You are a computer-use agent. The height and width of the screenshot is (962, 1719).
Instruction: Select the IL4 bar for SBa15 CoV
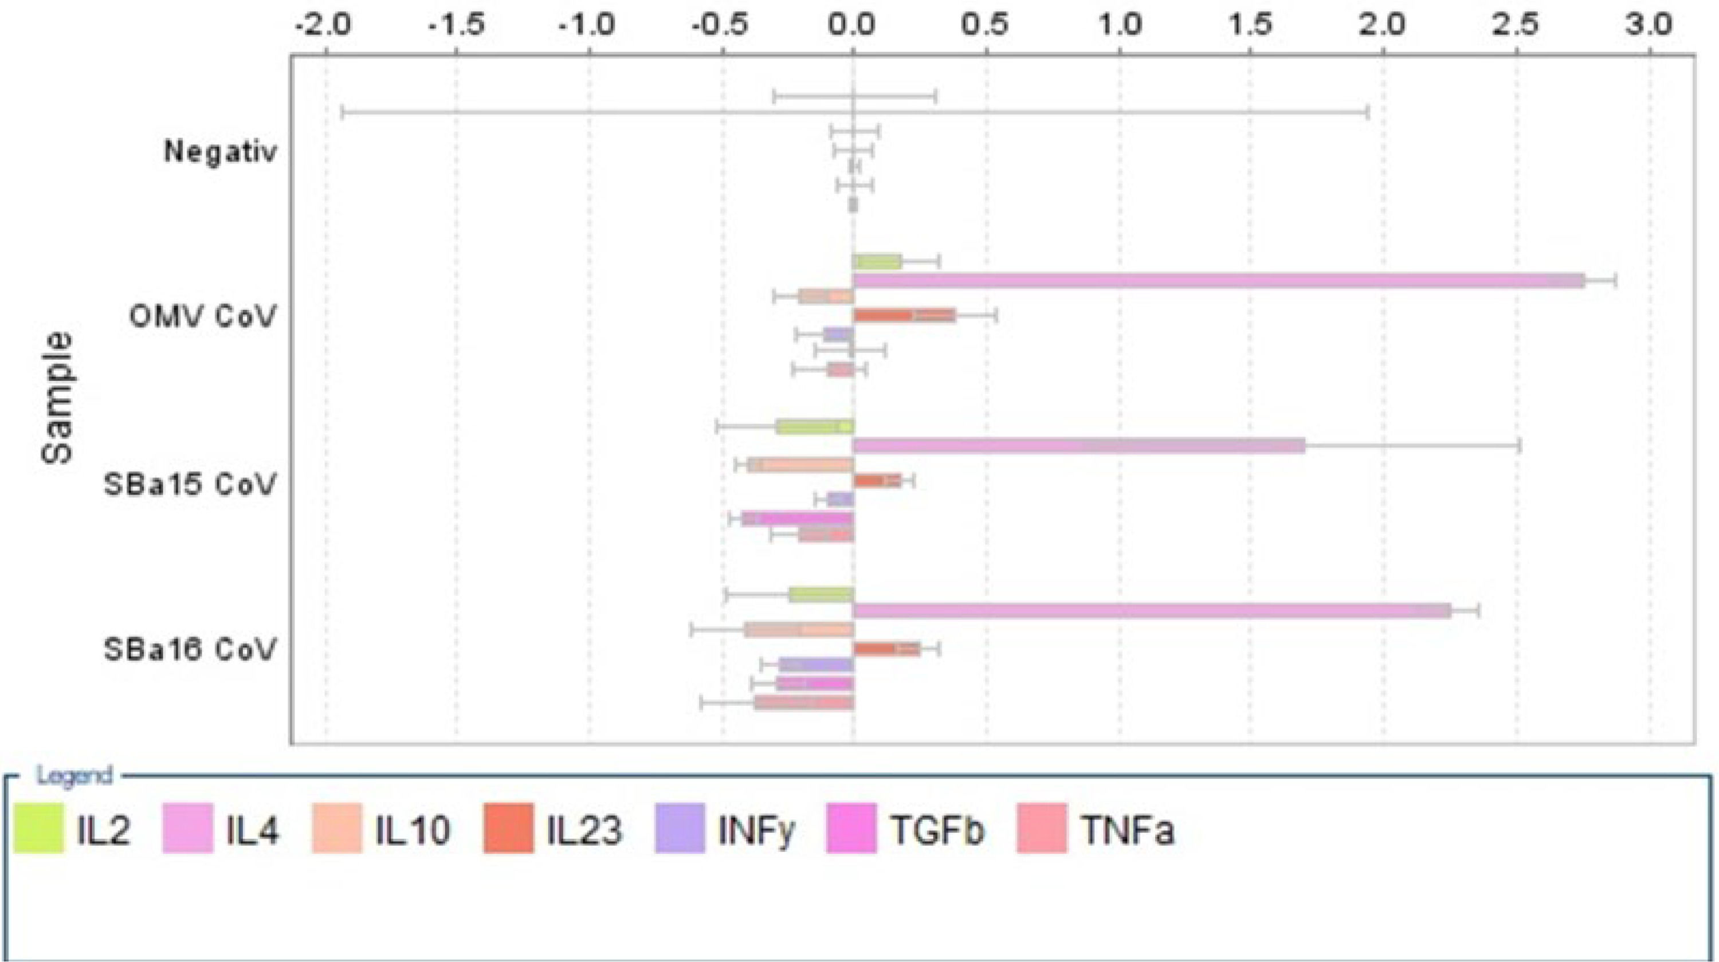tap(1078, 446)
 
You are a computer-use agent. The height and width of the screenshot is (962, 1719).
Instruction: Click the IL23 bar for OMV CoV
tap(904, 316)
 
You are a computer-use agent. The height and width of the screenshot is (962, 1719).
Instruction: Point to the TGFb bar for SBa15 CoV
tap(798, 519)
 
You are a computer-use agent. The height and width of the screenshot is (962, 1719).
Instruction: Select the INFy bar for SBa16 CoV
tap(816, 665)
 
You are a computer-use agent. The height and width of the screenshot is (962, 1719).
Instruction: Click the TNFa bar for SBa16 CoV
tap(804, 702)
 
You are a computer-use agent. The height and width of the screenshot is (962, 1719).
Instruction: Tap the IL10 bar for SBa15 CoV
tap(801, 465)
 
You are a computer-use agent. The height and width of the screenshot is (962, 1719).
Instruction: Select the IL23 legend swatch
tap(508, 829)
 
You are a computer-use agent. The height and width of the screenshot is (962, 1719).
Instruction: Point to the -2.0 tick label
tap(325, 25)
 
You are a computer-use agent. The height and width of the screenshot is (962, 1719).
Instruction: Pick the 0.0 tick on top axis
tap(854, 25)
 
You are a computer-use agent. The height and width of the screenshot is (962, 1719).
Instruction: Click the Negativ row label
tap(220, 153)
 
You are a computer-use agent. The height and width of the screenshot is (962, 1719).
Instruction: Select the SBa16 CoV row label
tap(190, 650)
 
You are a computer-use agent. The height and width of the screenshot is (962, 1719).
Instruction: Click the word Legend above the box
tap(74, 776)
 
